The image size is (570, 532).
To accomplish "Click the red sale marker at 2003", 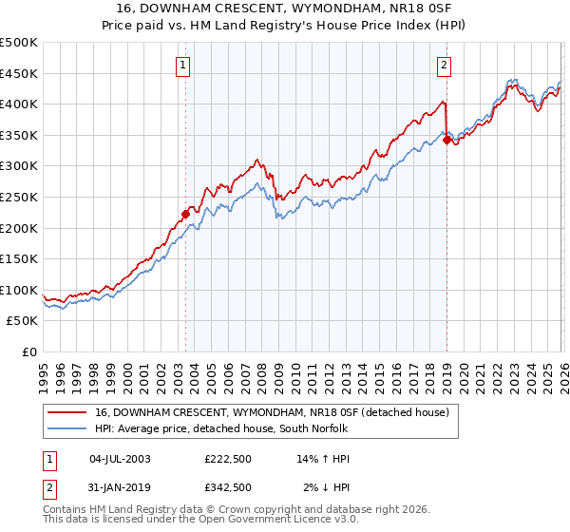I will pos(185,214).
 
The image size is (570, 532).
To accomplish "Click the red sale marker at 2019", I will pos(446,140).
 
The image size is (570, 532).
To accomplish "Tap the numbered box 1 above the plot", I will pos(182,66).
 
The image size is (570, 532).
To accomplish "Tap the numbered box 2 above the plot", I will pos(444,66).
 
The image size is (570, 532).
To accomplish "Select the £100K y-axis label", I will pos(19,290).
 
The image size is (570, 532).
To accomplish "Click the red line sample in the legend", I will pos(66,411).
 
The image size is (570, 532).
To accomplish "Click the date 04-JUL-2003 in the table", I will pos(119,459).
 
